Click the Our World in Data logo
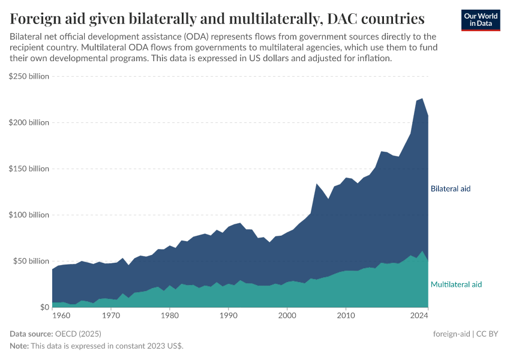click(x=481, y=20)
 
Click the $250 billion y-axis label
click(x=29, y=76)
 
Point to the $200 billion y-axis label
click(x=29, y=122)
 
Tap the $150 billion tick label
click(x=29, y=169)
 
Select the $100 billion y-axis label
click(x=29, y=215)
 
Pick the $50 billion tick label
click(x=31, y=261)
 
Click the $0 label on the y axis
click(x=44, y=307)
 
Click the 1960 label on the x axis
click(x=60, y=314)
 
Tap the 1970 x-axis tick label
click(x=111, y=314)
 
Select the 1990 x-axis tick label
click(x=229, y=314)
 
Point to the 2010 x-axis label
click(x=346, y=314)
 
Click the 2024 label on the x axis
click(x=419, y=314)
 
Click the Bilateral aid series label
click(x=451, y=188)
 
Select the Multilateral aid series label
click(x=456, y=284)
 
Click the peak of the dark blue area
click(x=422, y=99)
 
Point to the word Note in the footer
click(x=19, y=346)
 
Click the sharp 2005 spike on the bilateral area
click(x=317, y=184)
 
